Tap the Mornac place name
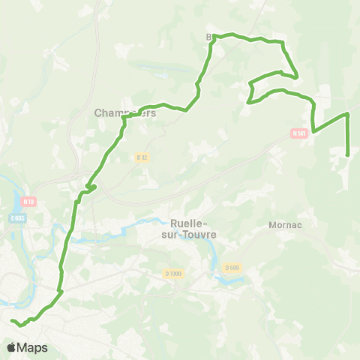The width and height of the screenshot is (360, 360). (x=284, y=224)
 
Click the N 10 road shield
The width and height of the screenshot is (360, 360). (x=29, y=201)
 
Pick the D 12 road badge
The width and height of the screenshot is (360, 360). (x=142, y=157)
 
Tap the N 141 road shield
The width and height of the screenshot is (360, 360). (x=299, y=133)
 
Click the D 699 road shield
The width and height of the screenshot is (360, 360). (x=231, y=266)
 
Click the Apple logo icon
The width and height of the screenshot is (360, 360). (x=12, y=347)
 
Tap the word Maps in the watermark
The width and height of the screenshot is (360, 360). (x=32, y=347)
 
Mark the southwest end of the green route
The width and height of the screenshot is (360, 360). (x=12, y=321)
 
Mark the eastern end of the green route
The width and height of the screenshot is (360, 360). (x=348, y=154)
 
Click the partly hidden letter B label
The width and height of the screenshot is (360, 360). (x=210, y=35)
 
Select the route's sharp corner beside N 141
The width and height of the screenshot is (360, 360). (x=313, y=132)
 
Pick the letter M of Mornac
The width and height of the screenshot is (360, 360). (x=271, y=224)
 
